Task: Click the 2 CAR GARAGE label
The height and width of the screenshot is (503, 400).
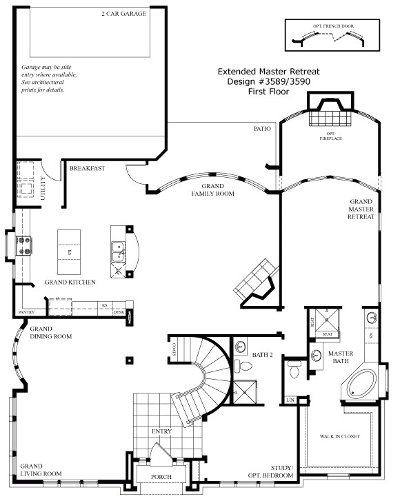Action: pyautogui.click(x=123, y=13)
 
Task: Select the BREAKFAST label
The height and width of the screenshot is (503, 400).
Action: pyautogui.click(x=86, y=167)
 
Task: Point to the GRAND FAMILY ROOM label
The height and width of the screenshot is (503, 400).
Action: pyautogui.click(x=213, y=190)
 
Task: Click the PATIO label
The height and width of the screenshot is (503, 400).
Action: pyautogui.click(x=262, y=128)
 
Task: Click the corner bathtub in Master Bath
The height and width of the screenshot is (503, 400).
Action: pyautogui.click(x=359, y=383)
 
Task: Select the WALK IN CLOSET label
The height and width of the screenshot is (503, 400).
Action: pyautogui.click(x=340, y=436)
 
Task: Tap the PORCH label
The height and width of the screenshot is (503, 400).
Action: pyautogui.click(x=160, y=477)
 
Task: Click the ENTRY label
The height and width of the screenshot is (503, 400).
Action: pyautogui.click(x=161, y=431)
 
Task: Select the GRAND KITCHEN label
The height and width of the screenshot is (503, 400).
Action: pyautogui.click(x=70, y=283)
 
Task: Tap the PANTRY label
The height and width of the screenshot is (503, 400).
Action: pyautogui.click(x=26, y=312)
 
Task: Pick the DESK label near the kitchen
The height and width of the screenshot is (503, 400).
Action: pyautogui.click(x=119, y=312)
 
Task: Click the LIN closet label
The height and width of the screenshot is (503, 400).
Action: pyautogui.click(x=290, y=400)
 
